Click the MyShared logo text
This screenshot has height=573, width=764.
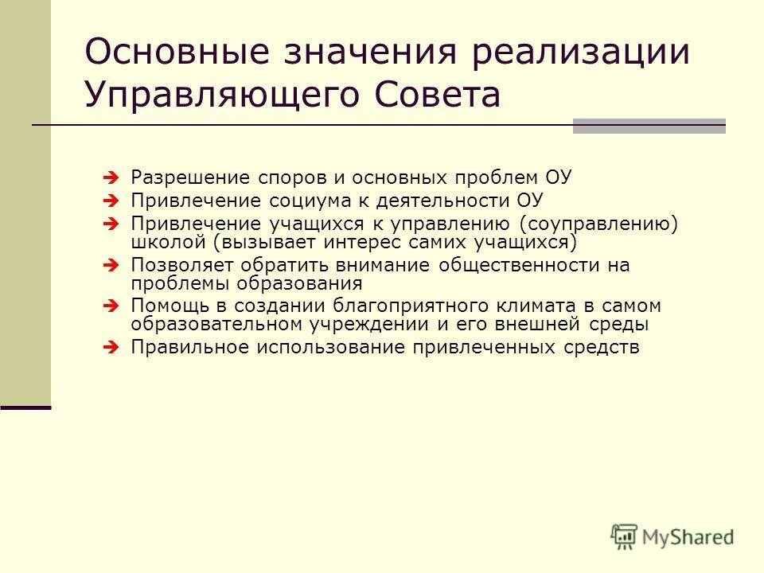pyautogui.click(x=689, y=537)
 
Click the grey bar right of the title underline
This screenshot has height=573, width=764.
pyautogui.click(x=649, y=126)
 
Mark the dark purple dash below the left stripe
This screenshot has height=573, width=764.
pyautogui.click(x=25, y=407)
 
